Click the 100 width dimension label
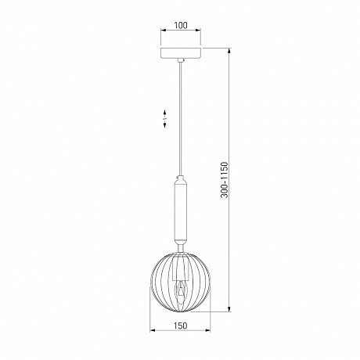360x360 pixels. [x=181, y=26]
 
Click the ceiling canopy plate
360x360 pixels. [x=181, y=52]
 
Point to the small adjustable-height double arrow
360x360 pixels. [x=165, y=119]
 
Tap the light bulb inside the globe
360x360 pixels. [x=181, y=292]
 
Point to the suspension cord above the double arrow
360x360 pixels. [x=181, y=86]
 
